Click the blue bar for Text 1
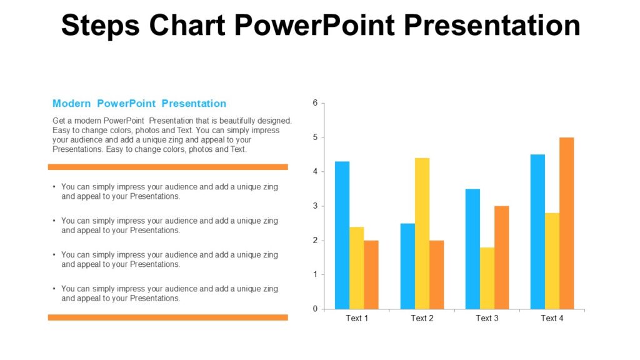[x=342, y=235]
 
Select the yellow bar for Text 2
[x=422, y=233]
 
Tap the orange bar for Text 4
[x=566, y=223]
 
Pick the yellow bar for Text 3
[x=487, y=278]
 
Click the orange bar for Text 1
[x=371, y=274]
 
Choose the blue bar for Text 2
[x=407, y=266]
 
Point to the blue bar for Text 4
[x=537, y=231]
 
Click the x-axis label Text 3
[x=487, y=319]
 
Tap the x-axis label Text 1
[x=357, y=319]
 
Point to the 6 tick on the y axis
[x=315, y=102]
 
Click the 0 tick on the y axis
[x=315, y=309]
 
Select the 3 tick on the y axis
[x=315, y=206]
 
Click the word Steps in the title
[x=99, y=26]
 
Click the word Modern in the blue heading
[x=71, y=104]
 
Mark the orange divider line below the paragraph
[x=167, y=167]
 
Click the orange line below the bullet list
[x=167, y=317]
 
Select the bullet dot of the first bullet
[x=54, y=187]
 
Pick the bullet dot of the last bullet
[x=54, y=289]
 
